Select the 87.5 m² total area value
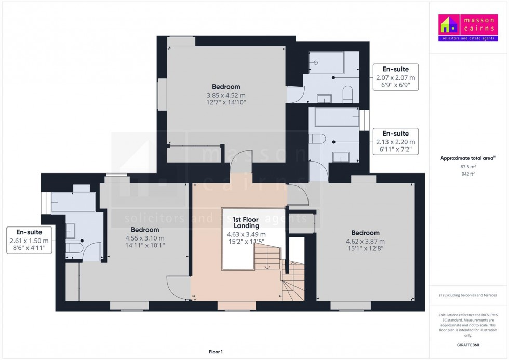click(468, 167)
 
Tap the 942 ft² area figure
click(468, 174)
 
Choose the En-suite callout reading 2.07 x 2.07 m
click(396, 77)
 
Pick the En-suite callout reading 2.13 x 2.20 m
click(396, 142)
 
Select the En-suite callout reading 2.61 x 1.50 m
click(29, 241)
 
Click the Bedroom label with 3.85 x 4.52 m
click(226, 95)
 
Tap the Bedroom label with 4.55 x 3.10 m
click(145, 238)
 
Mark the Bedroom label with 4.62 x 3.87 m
click(365, 241)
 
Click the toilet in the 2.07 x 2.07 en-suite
click(347, 96)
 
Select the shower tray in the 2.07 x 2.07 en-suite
click(326, 63)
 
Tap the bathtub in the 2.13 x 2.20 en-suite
click(337, 117)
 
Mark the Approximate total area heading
click(468, 158)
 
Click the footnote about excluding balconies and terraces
click(468, 295)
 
